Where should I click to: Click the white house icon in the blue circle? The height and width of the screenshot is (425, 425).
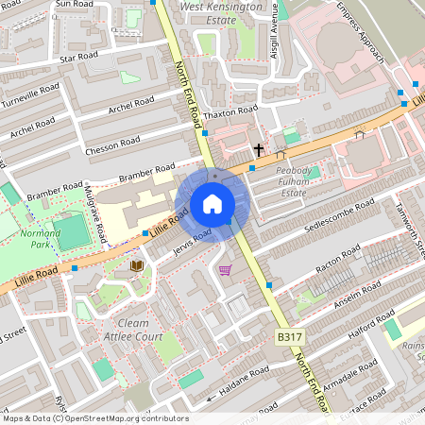pos(212,204)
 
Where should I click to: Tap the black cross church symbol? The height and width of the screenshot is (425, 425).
pos(258,149)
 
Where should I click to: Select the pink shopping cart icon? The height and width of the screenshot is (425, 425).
pos(225,270)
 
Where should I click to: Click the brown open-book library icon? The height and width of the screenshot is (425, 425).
pos(137,265)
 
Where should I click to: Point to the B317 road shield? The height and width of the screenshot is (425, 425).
pos(290,337)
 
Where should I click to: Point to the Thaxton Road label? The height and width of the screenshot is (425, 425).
pos(233,110)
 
